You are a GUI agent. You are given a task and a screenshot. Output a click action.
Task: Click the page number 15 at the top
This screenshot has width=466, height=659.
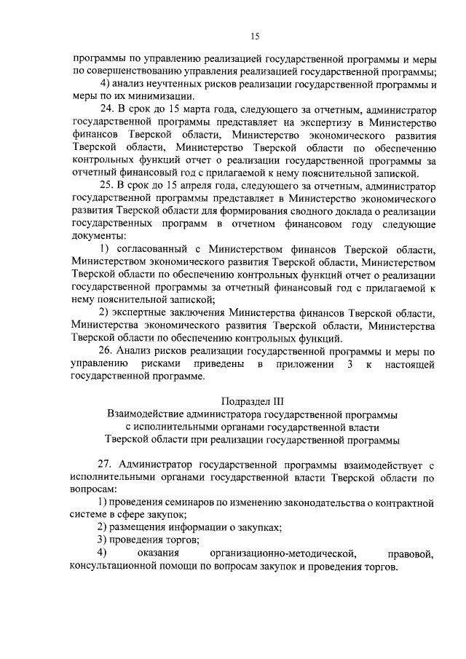[x=255, y=36]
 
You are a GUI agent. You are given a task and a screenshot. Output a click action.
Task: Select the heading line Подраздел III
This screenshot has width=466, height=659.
[x=254, y=400]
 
